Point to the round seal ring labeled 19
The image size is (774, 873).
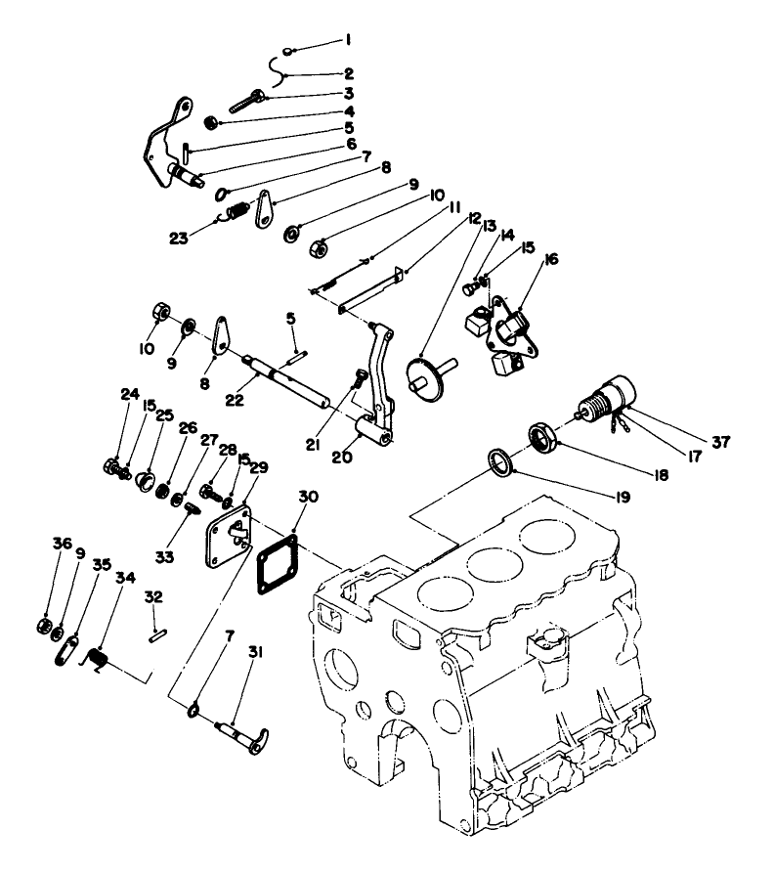[x=499, y=462]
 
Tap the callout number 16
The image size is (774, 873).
[x=552, y=259]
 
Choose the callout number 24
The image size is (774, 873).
[x=128, y=394]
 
